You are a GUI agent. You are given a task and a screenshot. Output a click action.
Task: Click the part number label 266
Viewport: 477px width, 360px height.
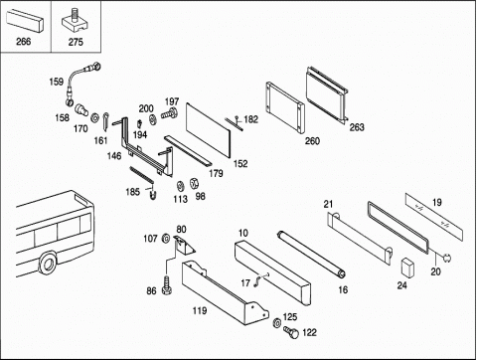coord(23,42)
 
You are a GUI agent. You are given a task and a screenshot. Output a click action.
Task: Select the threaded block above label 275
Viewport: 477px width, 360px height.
coord(76,23)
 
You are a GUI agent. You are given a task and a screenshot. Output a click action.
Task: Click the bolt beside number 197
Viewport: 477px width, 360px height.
coord(170,114)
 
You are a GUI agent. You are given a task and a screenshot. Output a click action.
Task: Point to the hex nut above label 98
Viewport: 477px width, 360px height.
coord(193,183)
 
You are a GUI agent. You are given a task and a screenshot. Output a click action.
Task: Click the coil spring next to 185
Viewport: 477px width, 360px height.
coord(142,174)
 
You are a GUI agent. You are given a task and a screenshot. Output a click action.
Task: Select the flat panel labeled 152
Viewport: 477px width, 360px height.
coord(208,130)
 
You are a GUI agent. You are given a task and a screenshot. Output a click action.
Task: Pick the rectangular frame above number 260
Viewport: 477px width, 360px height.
coord(284,107)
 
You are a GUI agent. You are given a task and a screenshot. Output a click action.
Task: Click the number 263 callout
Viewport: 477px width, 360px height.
coord(357,127)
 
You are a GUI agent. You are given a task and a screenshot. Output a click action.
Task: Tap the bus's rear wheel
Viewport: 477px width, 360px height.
coord(48,264)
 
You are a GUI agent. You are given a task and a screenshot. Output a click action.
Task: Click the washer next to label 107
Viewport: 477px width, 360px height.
coord(165,238)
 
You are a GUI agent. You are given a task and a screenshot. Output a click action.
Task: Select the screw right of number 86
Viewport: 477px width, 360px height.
coord(167,284)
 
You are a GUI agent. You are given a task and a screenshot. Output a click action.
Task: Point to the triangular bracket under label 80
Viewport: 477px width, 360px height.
coord(184,246)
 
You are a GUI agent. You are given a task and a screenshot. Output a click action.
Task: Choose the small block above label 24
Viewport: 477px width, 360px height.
coord(408,268)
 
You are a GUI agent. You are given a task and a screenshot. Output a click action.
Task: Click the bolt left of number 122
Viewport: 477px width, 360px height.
coord(290,332)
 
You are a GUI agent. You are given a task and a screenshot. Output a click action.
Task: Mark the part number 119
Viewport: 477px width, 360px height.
coord(200,310)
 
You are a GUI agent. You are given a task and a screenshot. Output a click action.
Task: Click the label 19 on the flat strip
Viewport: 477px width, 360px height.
coord(437,202)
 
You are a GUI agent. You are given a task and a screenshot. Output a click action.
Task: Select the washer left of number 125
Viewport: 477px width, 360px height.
coord(276,322)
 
